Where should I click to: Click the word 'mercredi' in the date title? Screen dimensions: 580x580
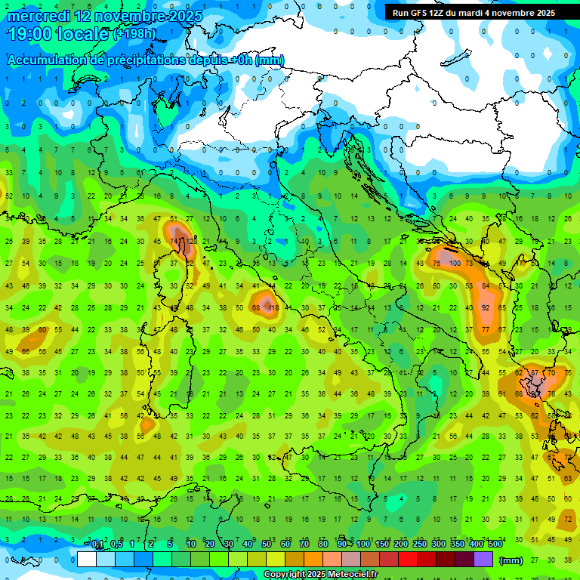[x=38, y=15]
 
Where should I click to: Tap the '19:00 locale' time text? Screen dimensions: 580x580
[x=57, y=34]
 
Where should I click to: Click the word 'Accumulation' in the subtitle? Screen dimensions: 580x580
[x=45, y=60]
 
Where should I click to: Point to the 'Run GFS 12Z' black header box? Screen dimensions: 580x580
[x=474, y=13]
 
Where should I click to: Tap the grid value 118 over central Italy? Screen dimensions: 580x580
[x=273, y=308]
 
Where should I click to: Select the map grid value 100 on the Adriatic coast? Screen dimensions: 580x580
[x=455, y=263]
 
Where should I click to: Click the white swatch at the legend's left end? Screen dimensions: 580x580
[x=86, y=560]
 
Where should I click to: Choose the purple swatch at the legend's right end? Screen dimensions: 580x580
[x=484, y=560]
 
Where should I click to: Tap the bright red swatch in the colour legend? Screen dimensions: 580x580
[x=407, y=560]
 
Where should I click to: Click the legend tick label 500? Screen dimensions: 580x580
[x=495, y=545]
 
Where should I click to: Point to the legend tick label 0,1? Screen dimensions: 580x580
[x=97, y=545]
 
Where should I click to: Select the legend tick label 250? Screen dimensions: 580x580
[x=418, y=545]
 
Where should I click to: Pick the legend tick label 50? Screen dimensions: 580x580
[x=266, y=545]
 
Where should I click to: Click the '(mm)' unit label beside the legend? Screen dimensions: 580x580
[x=511, y=560]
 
